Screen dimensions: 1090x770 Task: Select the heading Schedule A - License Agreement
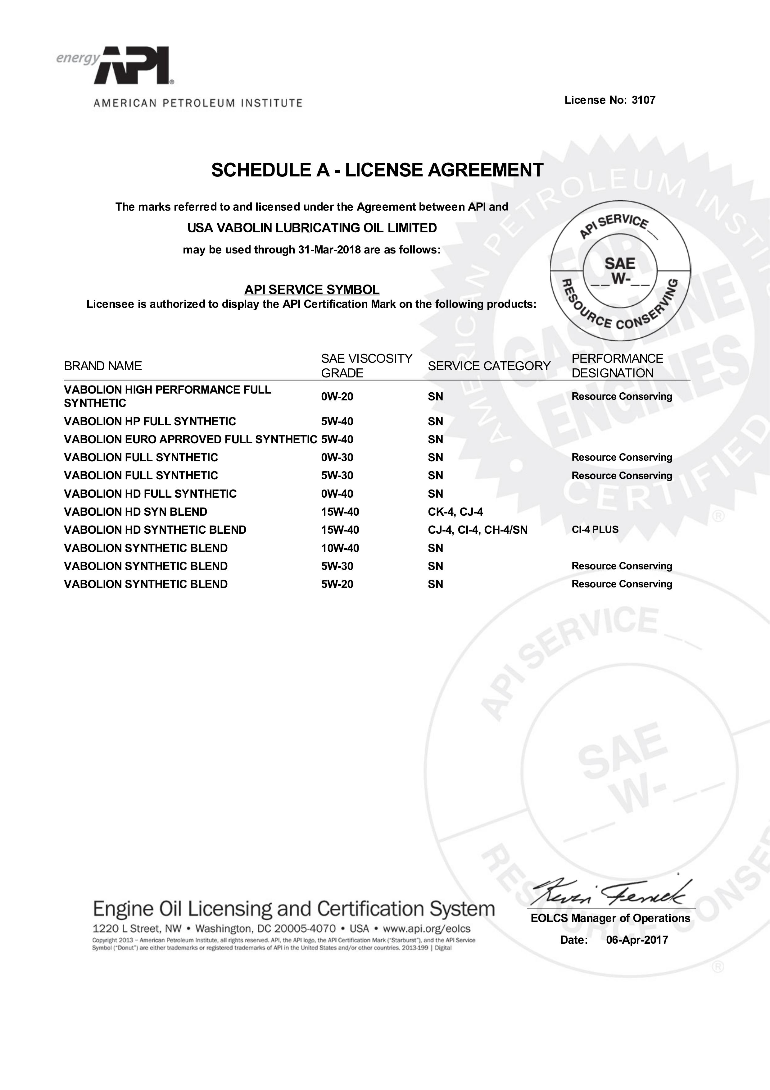pos(377,170)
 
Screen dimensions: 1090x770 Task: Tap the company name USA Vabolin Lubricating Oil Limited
pos(312,228)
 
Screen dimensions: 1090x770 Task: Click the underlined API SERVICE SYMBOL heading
pos(312,290)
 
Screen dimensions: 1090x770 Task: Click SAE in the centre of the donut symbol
pos(620,263)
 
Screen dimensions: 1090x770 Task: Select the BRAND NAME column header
pos(103,366)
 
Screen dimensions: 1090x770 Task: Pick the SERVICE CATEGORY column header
pos(489,366)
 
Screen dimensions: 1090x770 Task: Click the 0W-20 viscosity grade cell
pos(337,397)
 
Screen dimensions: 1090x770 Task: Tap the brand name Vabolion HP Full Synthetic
pos(150,422)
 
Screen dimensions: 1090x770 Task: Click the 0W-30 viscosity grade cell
pos(337,458)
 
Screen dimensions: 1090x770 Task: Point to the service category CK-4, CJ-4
pos(455,512)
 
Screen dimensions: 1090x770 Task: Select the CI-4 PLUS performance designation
pos(595,530)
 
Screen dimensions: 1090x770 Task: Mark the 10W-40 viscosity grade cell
pos(340,548)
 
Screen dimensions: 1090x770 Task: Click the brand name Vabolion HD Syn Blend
pos(136,512)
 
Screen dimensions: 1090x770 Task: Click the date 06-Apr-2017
pos(637,940)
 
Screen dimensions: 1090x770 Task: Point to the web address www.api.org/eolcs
pos(427,928)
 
